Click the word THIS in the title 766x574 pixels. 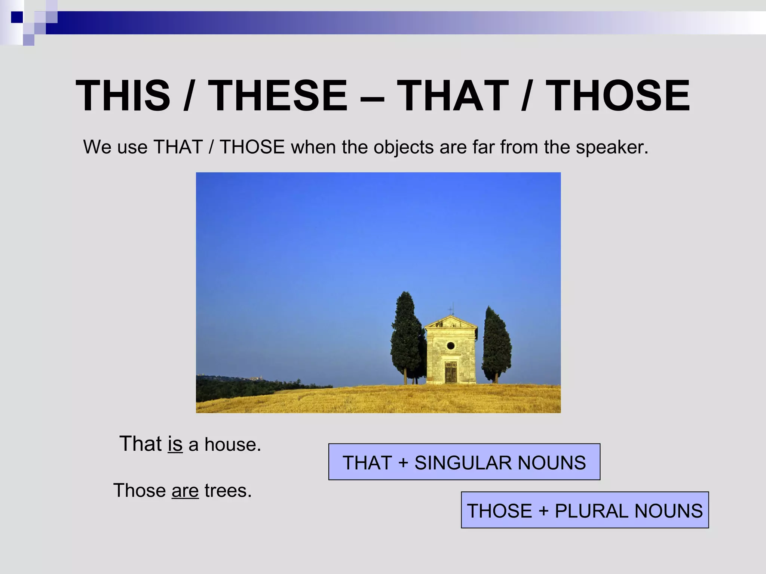123,96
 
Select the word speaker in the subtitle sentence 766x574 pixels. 611,147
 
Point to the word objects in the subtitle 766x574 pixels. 404,147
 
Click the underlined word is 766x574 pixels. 175,444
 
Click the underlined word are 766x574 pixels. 185,491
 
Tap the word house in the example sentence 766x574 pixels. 232,444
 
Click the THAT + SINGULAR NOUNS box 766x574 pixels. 464,462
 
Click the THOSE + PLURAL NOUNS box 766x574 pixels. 585,510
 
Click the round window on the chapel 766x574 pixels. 451,345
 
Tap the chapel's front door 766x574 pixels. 451,371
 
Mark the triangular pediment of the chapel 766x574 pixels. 451,323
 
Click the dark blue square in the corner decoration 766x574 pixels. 17,17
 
